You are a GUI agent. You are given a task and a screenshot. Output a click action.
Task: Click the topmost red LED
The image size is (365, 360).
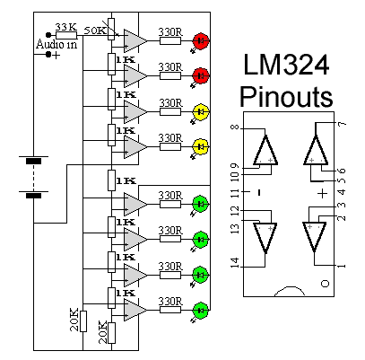(x=202, y=40)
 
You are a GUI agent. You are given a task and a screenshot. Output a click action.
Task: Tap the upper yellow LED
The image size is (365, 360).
(x=202, y=112)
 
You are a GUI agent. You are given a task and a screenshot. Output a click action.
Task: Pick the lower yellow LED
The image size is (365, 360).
(x=202, y=145)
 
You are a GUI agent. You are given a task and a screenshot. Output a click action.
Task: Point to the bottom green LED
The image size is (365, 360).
(x=202, y=311)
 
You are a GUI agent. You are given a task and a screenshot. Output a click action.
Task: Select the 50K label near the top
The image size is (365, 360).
(x=94, y=31)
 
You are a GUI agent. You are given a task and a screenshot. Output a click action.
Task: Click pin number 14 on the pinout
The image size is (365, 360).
(x=234, y=262)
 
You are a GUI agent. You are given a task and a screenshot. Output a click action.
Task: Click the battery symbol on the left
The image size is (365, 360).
(x=34, y=178)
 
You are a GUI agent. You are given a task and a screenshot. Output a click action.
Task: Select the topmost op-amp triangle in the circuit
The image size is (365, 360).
(x=135, y=40)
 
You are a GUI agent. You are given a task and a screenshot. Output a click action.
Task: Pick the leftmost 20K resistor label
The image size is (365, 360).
(x=74, y=320)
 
